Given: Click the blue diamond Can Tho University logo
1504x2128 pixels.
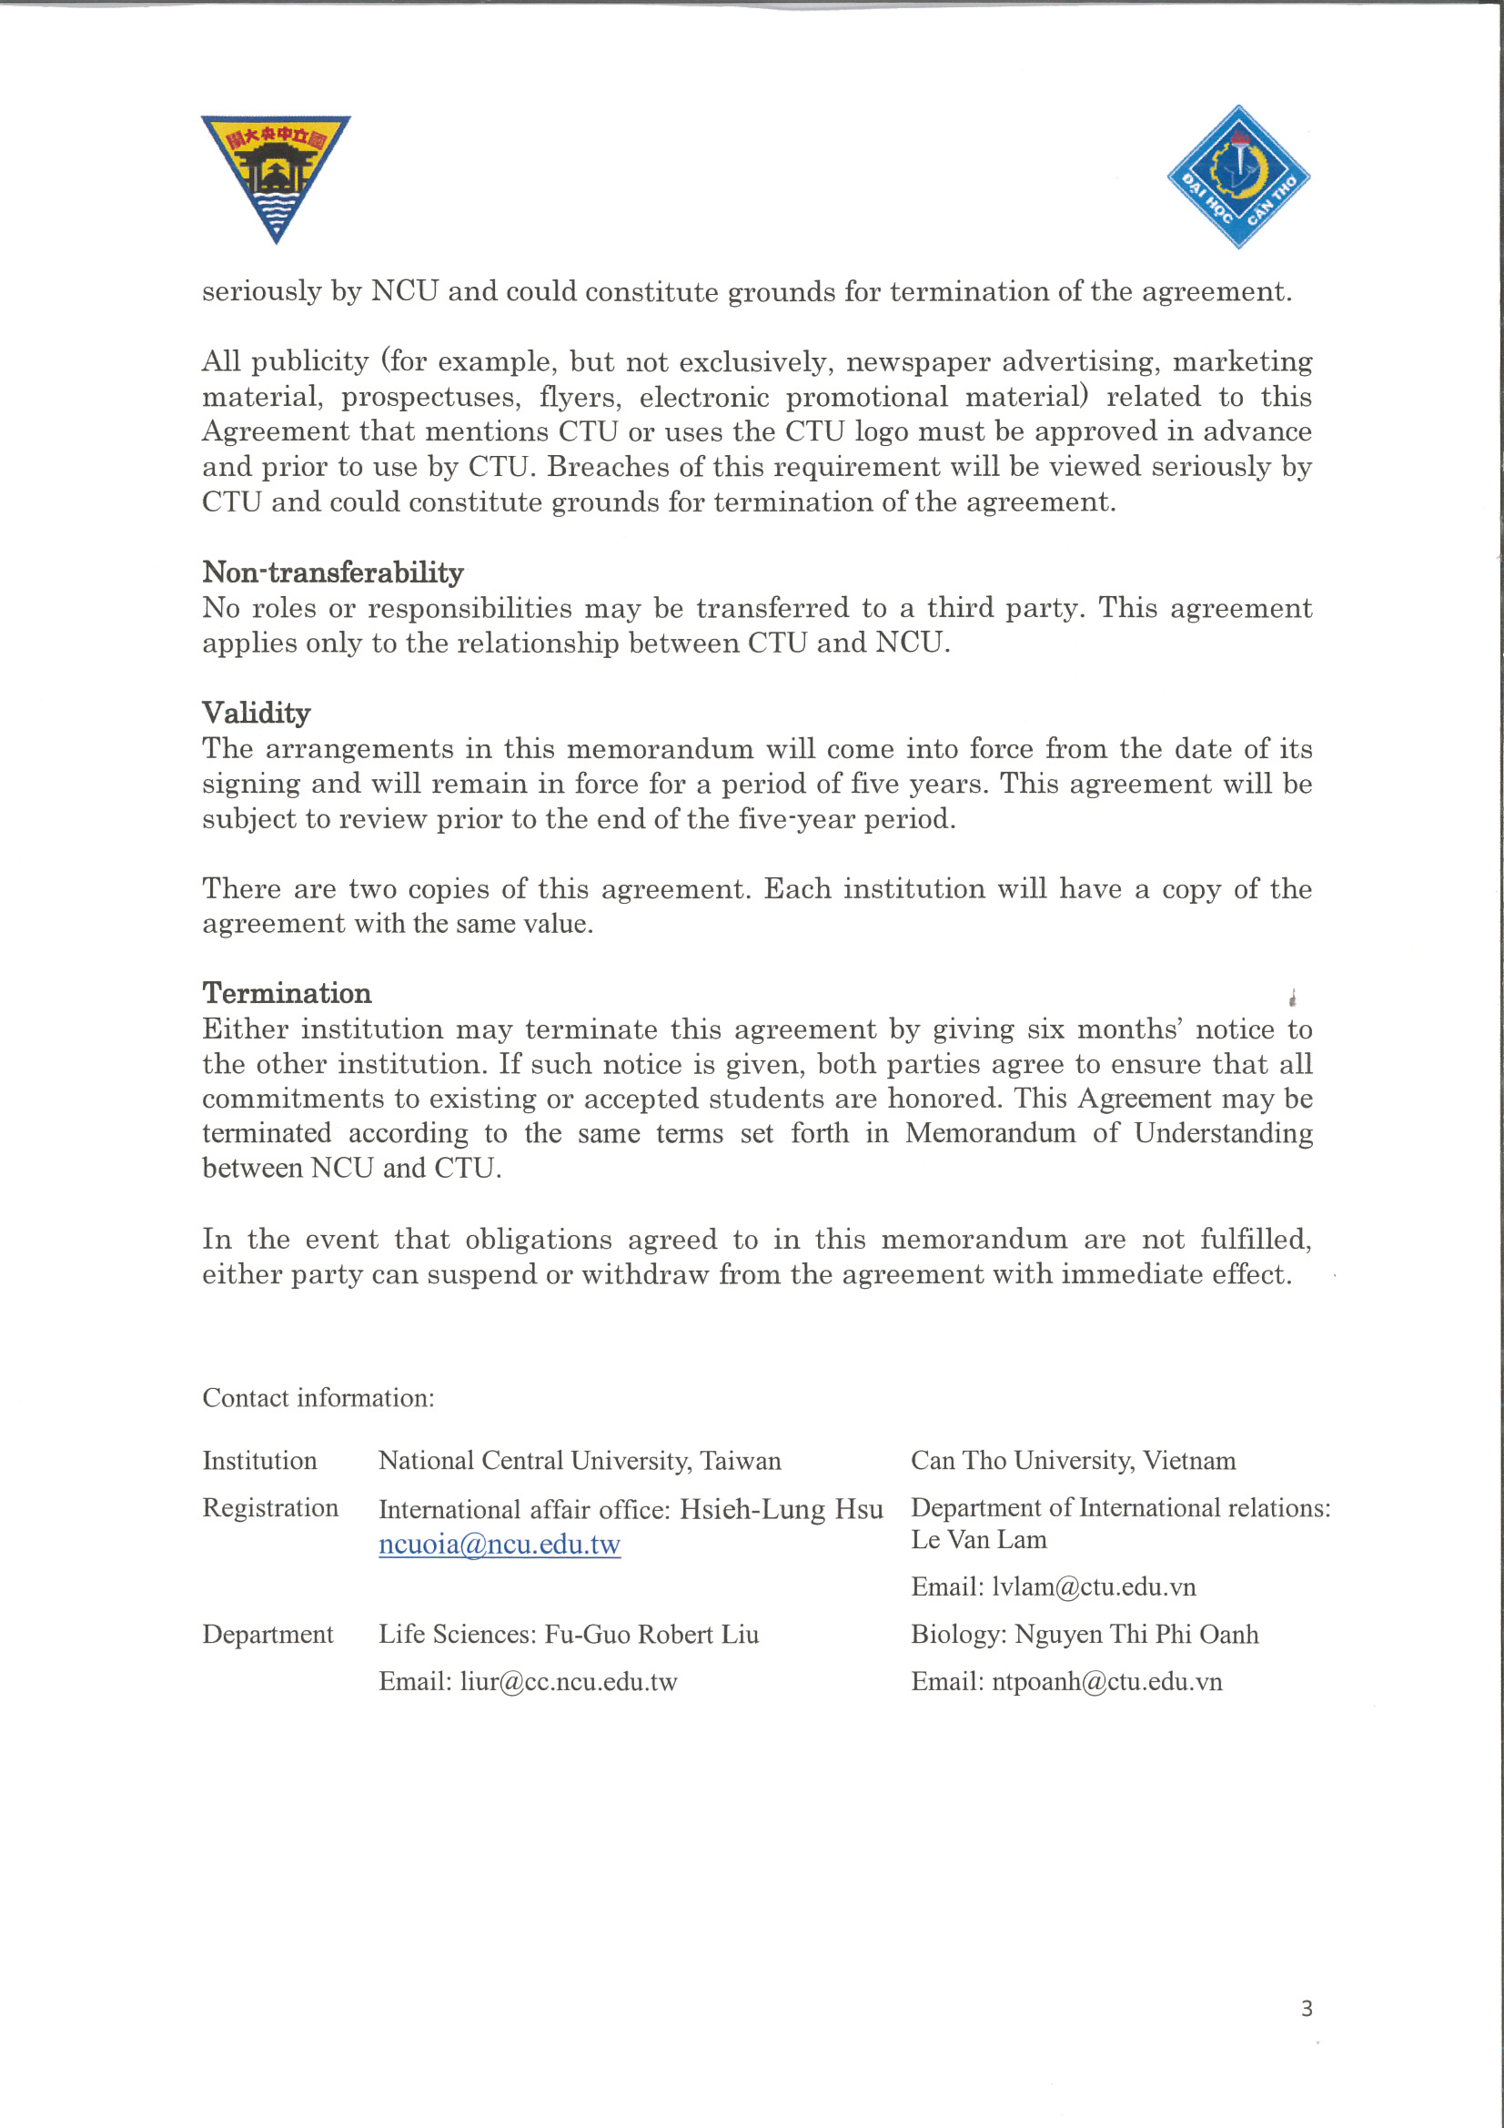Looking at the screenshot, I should tap(1238, 177).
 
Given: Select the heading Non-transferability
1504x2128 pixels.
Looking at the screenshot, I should tap(333, 573).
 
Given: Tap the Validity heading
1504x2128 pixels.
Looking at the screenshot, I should tap(256, 713).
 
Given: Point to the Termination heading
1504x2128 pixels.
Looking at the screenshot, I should tap(287, 993).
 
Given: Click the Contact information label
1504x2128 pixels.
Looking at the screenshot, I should tap(318, 1398).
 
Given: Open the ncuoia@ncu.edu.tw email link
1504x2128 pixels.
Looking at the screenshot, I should tap(500, 1544).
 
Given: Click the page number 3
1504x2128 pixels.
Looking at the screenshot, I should tap(1307, 2009).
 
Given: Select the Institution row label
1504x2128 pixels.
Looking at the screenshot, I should tap(259, 1461).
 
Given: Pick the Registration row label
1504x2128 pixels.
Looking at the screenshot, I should tap(270, 1508).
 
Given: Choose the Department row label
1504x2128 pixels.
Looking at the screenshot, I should tap(267, 1634).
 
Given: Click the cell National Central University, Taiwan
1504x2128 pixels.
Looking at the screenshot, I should tap(580, 1461).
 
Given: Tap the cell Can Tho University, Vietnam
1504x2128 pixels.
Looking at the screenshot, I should tap(1073, 1461).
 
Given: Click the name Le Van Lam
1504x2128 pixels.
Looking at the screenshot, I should tap(979, 1539).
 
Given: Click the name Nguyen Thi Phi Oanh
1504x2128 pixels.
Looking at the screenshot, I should tap(1136, 1634).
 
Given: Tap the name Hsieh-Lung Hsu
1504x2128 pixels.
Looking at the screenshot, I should tap(782, 1509).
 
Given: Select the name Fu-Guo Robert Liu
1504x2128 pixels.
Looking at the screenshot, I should tap(651, 1634).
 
